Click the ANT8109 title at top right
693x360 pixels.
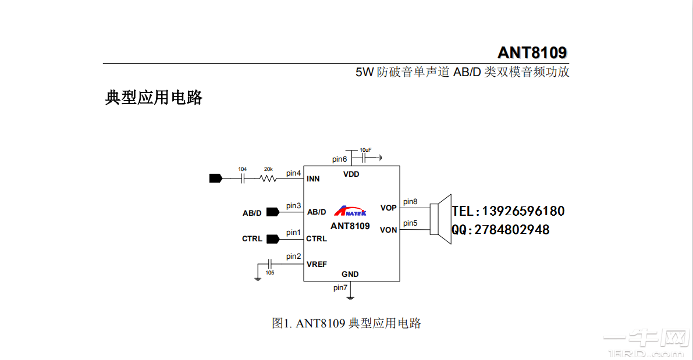[x=532, y=52]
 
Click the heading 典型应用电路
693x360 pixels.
[x=154, y=97]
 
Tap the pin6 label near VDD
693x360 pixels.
[x=339, y=159]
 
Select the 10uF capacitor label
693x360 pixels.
[x=365, y=149]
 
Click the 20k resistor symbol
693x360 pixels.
[x=268, y=179]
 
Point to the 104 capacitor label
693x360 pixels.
[x=242, y=169]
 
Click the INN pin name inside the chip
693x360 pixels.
[x=313, y=179]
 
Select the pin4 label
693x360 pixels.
[x=293, y=173]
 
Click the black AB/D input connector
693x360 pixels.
[x=272, y=212]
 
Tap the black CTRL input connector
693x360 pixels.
[x=272, y=238]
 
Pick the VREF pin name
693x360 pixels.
[x=317, y=264]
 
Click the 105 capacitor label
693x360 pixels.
[x=269, y=272]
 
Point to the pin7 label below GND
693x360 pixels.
[x=340, y=287]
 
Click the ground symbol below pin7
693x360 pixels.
[x=350, y=298]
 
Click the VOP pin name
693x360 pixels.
[x=388, y=208]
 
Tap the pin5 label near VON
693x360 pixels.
[x=410, y=223]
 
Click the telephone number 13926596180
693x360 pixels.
[x=524, y=211]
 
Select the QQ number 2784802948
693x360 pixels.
[x=512, y=230]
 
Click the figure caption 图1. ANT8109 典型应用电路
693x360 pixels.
[x=346, y=323]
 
